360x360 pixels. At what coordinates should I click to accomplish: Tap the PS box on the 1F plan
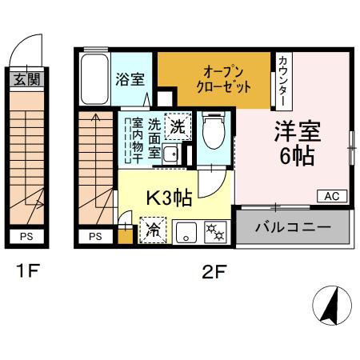point(26,236)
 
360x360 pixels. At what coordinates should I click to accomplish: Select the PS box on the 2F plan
point(95,236)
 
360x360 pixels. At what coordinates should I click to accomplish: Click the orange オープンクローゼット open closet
point(214,78)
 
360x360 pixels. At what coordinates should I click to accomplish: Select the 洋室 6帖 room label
point(295,142)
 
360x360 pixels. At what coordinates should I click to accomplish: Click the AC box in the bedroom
point(333,196)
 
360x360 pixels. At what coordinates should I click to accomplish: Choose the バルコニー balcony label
point(293,227)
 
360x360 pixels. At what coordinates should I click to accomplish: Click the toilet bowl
point(214,133)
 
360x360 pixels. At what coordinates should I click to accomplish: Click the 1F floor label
point(26,273)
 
